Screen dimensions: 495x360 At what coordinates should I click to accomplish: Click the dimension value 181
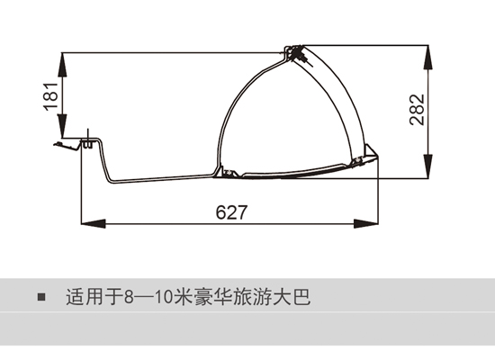pos(50,96)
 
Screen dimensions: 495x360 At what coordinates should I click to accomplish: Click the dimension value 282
pos(417,110)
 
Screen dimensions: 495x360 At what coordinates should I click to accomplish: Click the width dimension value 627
pos(231,212)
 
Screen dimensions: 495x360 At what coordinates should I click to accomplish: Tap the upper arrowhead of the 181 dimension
pos(63,64)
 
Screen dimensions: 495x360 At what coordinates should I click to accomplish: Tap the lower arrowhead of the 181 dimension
pos(63,126)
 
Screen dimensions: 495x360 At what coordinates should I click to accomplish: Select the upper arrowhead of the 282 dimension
pos(428,58)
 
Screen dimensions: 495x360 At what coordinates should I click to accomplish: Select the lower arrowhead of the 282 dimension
pos(428,166)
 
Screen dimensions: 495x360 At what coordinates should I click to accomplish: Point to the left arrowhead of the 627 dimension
pos(94,223)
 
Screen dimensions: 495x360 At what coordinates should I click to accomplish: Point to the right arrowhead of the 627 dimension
pos(366,223)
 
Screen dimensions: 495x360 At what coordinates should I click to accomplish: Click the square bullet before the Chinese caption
pos(41,297)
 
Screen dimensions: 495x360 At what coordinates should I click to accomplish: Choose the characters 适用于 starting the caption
pos(94,297)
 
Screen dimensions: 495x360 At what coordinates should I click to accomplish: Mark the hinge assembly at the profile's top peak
pos(295,54)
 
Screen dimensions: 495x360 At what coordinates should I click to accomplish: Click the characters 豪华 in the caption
pos(212,297)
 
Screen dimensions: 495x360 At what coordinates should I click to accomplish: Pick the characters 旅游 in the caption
pos(252,297)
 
